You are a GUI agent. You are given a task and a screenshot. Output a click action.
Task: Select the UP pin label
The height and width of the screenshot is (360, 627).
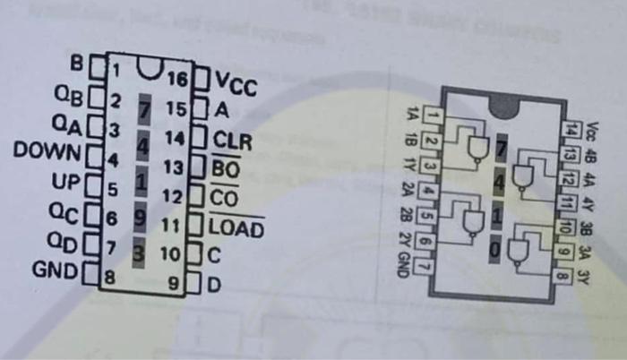(66, 184)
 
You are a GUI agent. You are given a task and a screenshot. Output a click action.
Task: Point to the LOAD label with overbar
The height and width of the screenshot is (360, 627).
(236, 228)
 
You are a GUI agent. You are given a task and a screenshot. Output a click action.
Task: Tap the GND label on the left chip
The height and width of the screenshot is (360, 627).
(54, 269)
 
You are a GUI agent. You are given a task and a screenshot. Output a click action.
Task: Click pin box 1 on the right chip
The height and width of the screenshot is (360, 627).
(431, 114)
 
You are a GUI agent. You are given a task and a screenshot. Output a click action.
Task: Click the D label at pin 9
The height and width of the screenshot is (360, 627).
(215, 286)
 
